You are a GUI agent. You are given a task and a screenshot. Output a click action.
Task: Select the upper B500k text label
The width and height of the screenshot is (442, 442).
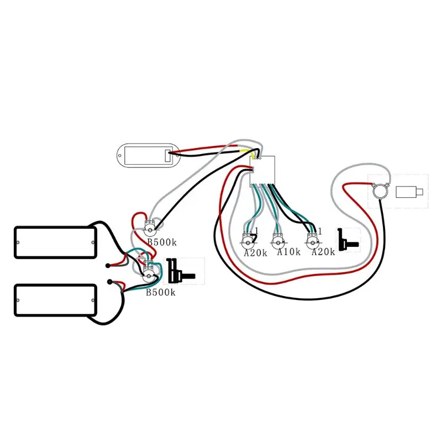click(161, 241)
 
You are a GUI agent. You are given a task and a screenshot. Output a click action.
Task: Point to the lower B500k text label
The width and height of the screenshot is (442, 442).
click(161, 292)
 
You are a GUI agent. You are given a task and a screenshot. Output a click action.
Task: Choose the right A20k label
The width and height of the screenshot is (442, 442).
click(323, 252)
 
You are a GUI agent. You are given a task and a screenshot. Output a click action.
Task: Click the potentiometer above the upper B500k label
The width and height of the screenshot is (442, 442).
click(150, 225)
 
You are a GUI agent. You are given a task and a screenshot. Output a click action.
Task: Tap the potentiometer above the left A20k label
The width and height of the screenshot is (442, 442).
click(248, 239)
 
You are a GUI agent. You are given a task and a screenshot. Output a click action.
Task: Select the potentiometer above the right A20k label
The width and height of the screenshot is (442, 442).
click(313, 239)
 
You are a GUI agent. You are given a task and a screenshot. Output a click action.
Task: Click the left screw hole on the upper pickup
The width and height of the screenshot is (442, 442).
click(19, 241)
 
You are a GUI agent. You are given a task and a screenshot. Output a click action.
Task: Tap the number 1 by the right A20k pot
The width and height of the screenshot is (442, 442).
click(320, 229)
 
